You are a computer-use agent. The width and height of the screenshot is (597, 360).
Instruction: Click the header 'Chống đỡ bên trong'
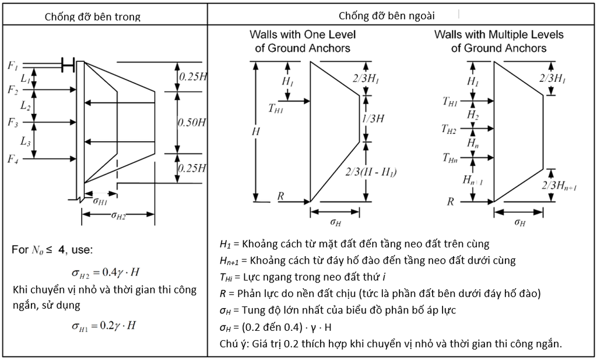pyautogui.click(x=93, y=17)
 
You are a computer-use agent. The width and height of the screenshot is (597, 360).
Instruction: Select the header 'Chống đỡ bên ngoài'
pyautogui.click(x=387, y=16)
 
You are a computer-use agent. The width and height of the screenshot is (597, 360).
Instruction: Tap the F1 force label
pyautogui.click(x=13, y=65)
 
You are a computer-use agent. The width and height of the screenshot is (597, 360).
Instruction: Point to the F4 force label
pyautogui.click(x=13, y=159)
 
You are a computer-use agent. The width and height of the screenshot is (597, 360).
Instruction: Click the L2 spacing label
pyautogui.click(x=25, y=106)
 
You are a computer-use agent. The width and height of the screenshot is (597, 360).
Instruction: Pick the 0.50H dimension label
pyautogui.click(x=192, y=123)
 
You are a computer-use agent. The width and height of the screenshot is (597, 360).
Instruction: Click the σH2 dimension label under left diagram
pyautogui.click(x=118, y=215)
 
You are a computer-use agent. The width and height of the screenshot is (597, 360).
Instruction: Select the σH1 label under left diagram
pyautogui.click(x=100, y=200)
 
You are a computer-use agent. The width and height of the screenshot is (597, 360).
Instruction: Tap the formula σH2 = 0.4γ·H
pyautogui.click(x=106, y=272)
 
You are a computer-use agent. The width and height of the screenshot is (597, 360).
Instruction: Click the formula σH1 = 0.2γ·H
pyautogui.click(x=104, y=326)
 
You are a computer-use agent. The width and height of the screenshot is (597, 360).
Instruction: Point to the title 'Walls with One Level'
pyautogui.click(x=303, y=34)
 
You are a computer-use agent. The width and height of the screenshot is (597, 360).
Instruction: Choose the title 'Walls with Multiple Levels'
pyautogui.click(x=499, y=34)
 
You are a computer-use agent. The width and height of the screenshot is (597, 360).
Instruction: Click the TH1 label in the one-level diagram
pyautogui.click(x=276, y=108)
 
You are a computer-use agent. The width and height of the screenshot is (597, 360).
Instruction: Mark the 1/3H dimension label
pyautogui.click(x=373, y=118)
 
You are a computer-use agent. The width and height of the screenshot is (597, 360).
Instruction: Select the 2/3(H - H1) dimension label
pyautogui.click(x=371, y=172)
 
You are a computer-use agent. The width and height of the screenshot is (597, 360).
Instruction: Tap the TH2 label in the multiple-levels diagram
pyautogui.click(x=449, y=129)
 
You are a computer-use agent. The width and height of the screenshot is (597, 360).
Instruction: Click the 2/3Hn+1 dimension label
pyautogui.click(x=559, y=186)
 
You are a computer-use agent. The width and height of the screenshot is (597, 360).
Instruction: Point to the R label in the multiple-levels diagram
pyautogui.click(x=451, y=201)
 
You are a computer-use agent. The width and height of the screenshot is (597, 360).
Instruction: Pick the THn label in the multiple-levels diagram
pyautogui.click(x=450, y=158)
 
